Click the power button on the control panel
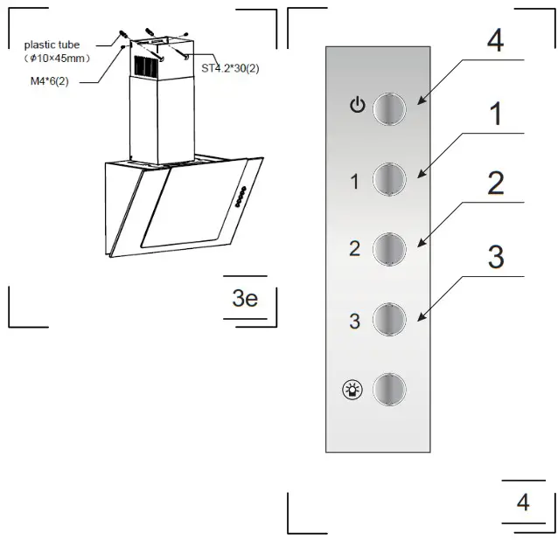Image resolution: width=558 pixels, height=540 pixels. [389, 108]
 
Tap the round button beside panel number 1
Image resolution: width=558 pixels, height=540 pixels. [389, 180]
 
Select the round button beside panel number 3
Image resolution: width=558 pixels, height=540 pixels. [389, 319]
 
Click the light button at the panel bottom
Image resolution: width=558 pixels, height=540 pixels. [389, 389]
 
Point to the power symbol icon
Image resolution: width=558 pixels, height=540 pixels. [355, 107]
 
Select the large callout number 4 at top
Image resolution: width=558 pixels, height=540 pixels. [494, 40]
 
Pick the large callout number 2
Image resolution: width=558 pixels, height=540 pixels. [495, 183]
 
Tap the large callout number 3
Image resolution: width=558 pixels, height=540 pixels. [495, 257]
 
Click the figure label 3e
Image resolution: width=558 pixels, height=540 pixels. [245, 298]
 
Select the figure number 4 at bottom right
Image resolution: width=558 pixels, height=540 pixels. [523, 502]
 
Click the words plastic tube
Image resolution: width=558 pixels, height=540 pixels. [52, 45]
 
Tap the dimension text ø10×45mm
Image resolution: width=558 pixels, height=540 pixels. [57, 58]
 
